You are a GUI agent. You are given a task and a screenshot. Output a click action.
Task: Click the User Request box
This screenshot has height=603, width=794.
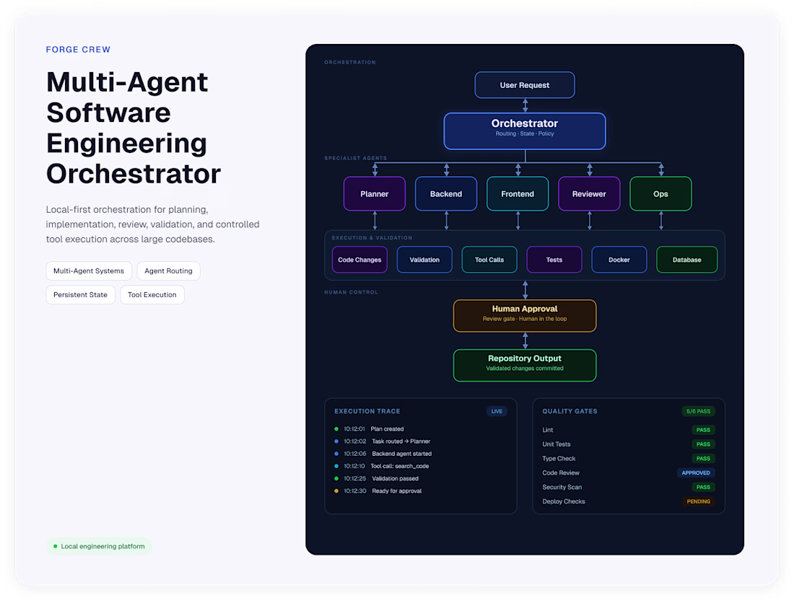(525, 85)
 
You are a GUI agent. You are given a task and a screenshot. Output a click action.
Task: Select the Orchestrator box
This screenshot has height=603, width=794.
(525, 131)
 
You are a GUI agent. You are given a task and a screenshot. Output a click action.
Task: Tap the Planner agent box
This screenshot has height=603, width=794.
(374, 194)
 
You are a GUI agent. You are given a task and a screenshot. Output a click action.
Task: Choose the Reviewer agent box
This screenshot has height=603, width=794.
(589, 194)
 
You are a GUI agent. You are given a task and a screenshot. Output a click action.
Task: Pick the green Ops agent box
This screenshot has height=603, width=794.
(660, 194)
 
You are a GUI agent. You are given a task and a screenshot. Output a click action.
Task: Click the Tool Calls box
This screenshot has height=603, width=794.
(489, 260)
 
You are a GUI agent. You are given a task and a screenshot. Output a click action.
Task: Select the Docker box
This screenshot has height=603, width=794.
(619, 260)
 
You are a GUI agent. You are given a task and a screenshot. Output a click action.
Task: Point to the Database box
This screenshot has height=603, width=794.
(686, 260)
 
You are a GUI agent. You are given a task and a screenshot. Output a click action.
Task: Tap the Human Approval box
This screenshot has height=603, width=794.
(525, 316)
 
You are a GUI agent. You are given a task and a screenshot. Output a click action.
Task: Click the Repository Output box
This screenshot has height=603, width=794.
(525, 365)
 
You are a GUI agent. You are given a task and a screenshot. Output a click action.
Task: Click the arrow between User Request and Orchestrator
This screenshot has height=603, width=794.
(525, 106)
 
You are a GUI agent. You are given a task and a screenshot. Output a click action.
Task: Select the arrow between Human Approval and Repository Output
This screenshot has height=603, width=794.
(525, 341)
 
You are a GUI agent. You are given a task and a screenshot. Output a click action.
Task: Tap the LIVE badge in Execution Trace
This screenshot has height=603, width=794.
(497, 411)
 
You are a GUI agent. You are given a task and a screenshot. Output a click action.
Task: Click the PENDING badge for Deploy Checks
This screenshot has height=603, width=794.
(698, 501)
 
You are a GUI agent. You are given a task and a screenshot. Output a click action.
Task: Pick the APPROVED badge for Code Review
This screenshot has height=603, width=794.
(696, 473)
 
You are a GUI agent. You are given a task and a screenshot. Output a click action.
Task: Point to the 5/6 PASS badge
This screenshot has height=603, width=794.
(698, 411)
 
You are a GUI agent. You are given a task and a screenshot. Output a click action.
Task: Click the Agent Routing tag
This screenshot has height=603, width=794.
(169, 271)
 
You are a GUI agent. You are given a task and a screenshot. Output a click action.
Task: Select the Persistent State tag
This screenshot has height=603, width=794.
(81, 295)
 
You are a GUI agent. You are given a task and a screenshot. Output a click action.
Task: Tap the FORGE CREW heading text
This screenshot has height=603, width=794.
(78, 50)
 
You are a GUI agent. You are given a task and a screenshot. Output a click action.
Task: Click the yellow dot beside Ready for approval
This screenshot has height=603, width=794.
(336, 490)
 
